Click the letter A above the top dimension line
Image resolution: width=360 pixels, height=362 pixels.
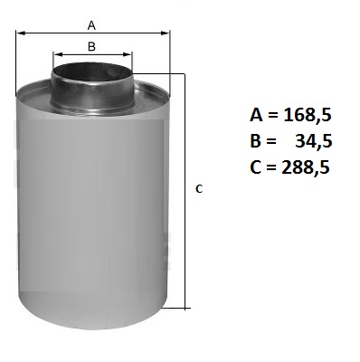coord(91,25)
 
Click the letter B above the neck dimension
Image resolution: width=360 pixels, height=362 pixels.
coord(91,47)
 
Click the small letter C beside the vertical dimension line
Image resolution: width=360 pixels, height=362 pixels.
coord(199,189)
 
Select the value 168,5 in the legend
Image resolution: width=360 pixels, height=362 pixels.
coord(308,116)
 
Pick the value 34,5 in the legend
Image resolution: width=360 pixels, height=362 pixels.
coord(314,141)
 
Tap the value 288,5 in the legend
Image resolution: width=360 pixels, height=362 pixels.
coord(306,167)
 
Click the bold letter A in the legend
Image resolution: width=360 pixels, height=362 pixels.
coord(257,115)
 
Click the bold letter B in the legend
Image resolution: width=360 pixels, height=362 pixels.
coord(255,141)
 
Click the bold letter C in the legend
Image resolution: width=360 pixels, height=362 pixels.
coord(256,167)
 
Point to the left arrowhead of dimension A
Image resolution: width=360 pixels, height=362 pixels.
coord(20,33)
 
